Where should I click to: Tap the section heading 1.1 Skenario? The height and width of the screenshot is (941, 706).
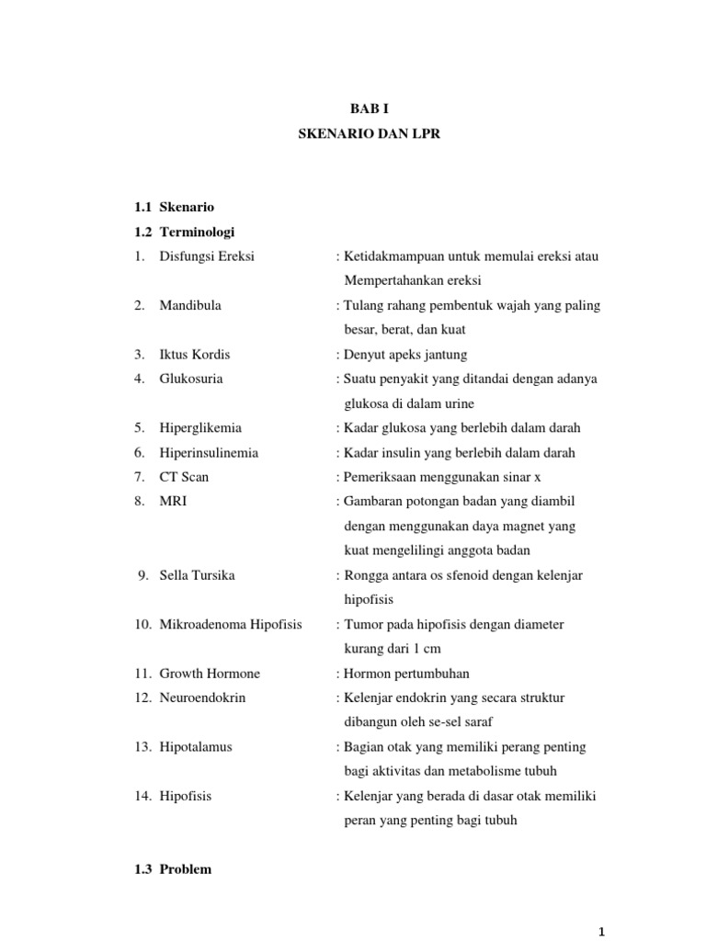[x=174, y=207]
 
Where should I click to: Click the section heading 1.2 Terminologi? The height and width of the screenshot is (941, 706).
[x=184, y=232]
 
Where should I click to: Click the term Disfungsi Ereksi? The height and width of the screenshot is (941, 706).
[x=207, y=256]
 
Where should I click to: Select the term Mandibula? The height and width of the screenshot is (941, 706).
[x=190, y=305]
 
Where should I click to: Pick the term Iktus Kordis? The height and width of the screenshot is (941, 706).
[x=195, y=354]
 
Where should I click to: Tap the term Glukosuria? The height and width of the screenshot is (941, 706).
[x=191, y=379]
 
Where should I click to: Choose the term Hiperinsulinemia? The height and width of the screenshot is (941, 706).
[x=209, y=452]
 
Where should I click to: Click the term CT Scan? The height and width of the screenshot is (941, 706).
[x=185, y=477]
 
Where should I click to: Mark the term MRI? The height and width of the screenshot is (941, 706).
[x=173, y=502]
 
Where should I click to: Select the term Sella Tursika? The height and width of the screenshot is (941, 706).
[x=197, y=575]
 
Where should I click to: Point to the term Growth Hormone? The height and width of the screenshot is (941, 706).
[x=210, y=674]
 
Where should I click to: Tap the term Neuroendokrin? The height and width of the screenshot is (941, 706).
[x=203, y=697]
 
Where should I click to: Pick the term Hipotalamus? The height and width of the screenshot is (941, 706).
[x=196, y=747]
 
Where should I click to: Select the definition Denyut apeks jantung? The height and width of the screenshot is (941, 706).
[x=404, y=354]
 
